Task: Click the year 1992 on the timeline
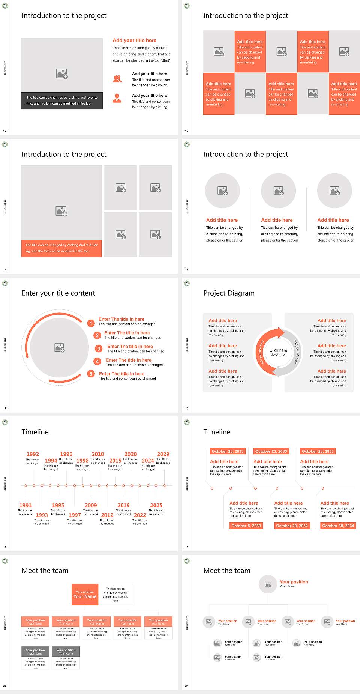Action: coord(33,454)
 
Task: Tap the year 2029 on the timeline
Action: coord(163,454)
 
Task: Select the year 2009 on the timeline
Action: coord(91,505)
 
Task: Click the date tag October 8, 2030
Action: coord(246,526)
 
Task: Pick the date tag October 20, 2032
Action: coord(292,526)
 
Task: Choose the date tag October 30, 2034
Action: coord(338,526)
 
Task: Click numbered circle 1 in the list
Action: coord(91,323)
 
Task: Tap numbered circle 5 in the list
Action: coord(91,374)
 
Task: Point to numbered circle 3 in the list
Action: coord(99,349)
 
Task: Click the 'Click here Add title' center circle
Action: coord(278,352)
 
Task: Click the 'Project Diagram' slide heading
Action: coord(229,293)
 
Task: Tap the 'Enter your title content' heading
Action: coord(58,293)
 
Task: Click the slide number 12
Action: coord(5,131)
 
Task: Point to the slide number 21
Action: coord(187,686)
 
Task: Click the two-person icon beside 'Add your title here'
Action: coord(117,79)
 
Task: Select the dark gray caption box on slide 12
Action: coord(62,101)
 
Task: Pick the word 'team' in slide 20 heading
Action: coord(60,571)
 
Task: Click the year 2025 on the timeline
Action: coord(156,505)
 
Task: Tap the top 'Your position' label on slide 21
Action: coord(294,582)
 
